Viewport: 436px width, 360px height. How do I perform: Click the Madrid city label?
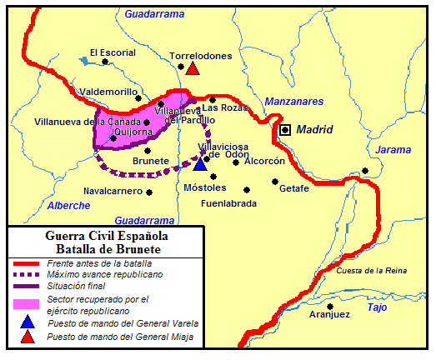pos(315,130)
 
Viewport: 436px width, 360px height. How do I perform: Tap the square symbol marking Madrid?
pos(286,130)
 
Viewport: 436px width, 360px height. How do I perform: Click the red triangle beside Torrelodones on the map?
pos(193,69)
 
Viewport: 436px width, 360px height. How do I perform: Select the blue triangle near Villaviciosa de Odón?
pos(199,163)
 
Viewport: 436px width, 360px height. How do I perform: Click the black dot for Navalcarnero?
pos(149,192)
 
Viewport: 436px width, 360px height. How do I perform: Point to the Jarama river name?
pos(393,150)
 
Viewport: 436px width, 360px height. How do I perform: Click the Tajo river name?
pos(377,307)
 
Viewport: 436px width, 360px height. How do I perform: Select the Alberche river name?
pos(68,205)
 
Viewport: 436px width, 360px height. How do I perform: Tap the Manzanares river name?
pos(293,102)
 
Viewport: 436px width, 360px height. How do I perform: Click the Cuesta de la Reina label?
pos(372,271)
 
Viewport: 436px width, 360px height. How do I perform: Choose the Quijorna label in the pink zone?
pos(133,130)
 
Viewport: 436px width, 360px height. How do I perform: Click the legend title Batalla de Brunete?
pos(108,248)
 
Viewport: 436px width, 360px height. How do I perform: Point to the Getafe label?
pos(294,188)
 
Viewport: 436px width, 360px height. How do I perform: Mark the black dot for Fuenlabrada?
pos(245,189)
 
